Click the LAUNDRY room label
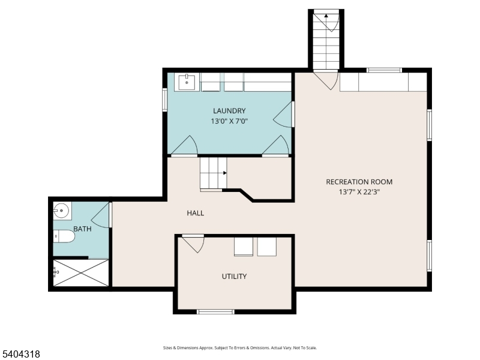(229, 111)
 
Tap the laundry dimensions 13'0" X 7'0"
(229, 121)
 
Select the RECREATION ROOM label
(359, 182)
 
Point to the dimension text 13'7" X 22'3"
(359, 192)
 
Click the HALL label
(196, 213)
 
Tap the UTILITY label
(234, 277)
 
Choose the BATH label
(82, 229)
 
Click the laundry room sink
(187, 82)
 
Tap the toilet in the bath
(64, 236)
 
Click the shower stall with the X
(81, 273)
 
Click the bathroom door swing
(101, 215)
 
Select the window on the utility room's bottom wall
(215, 311)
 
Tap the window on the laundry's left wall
(164, 100)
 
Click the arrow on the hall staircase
(224, 173)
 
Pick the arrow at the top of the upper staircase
(326, 16)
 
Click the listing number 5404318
(20, 354)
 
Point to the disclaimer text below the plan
(239, 348)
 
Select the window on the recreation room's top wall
(384, 70)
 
